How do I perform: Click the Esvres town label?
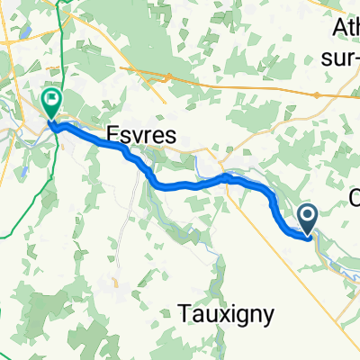[144, 132]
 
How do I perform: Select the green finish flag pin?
[51, 103]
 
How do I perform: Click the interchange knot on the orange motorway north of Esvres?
[166, 79]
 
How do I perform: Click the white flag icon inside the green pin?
[51, 98]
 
